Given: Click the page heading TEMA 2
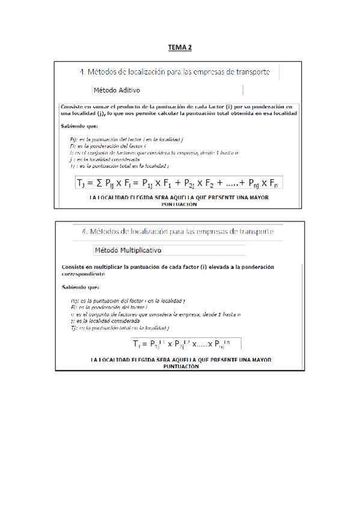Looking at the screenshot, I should tap(180, 47).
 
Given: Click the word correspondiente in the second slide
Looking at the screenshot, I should tap(84, 273).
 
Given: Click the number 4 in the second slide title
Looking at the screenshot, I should tap(82, 232).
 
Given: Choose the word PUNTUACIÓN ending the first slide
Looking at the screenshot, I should tap(179, 204).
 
